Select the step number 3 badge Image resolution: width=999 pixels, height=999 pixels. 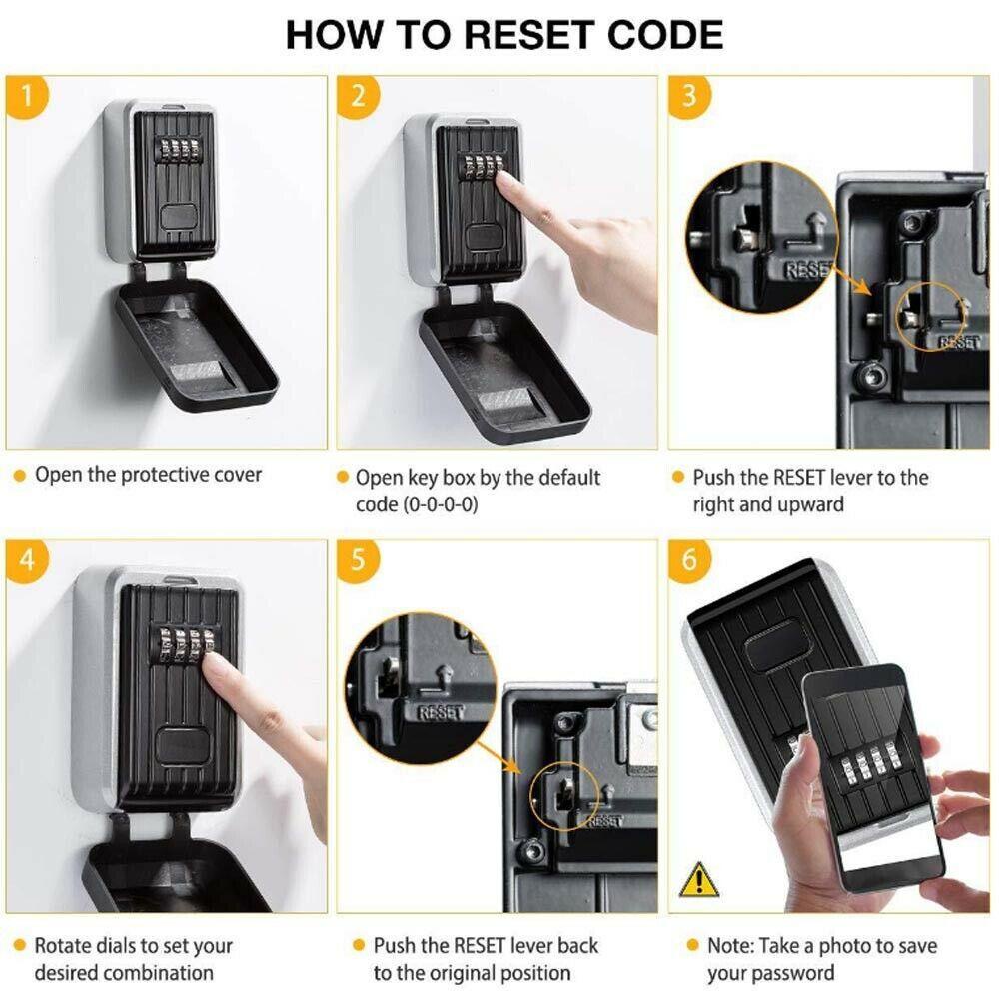[689, 96]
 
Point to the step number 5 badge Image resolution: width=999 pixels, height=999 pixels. [359, 560]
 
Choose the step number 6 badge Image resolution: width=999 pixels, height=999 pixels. [689, 560]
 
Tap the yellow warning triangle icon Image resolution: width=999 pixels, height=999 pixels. [698, 879]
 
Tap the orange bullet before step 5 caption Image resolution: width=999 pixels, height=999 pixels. [358, 945]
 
